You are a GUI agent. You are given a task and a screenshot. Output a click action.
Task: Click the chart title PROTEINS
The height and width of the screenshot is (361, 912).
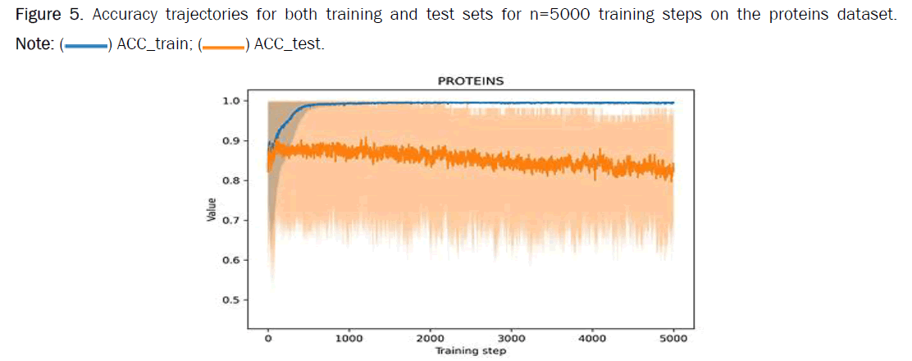coord(470,81)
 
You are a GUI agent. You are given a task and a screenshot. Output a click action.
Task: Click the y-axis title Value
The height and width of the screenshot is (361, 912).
coord(212,210)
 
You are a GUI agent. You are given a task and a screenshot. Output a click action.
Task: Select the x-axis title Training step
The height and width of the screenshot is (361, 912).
coord(470,351)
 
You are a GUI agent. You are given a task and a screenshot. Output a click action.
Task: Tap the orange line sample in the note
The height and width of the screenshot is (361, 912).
coord(222,47)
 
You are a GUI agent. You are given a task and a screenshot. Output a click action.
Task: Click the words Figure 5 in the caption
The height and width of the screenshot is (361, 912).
coord(45,17)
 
